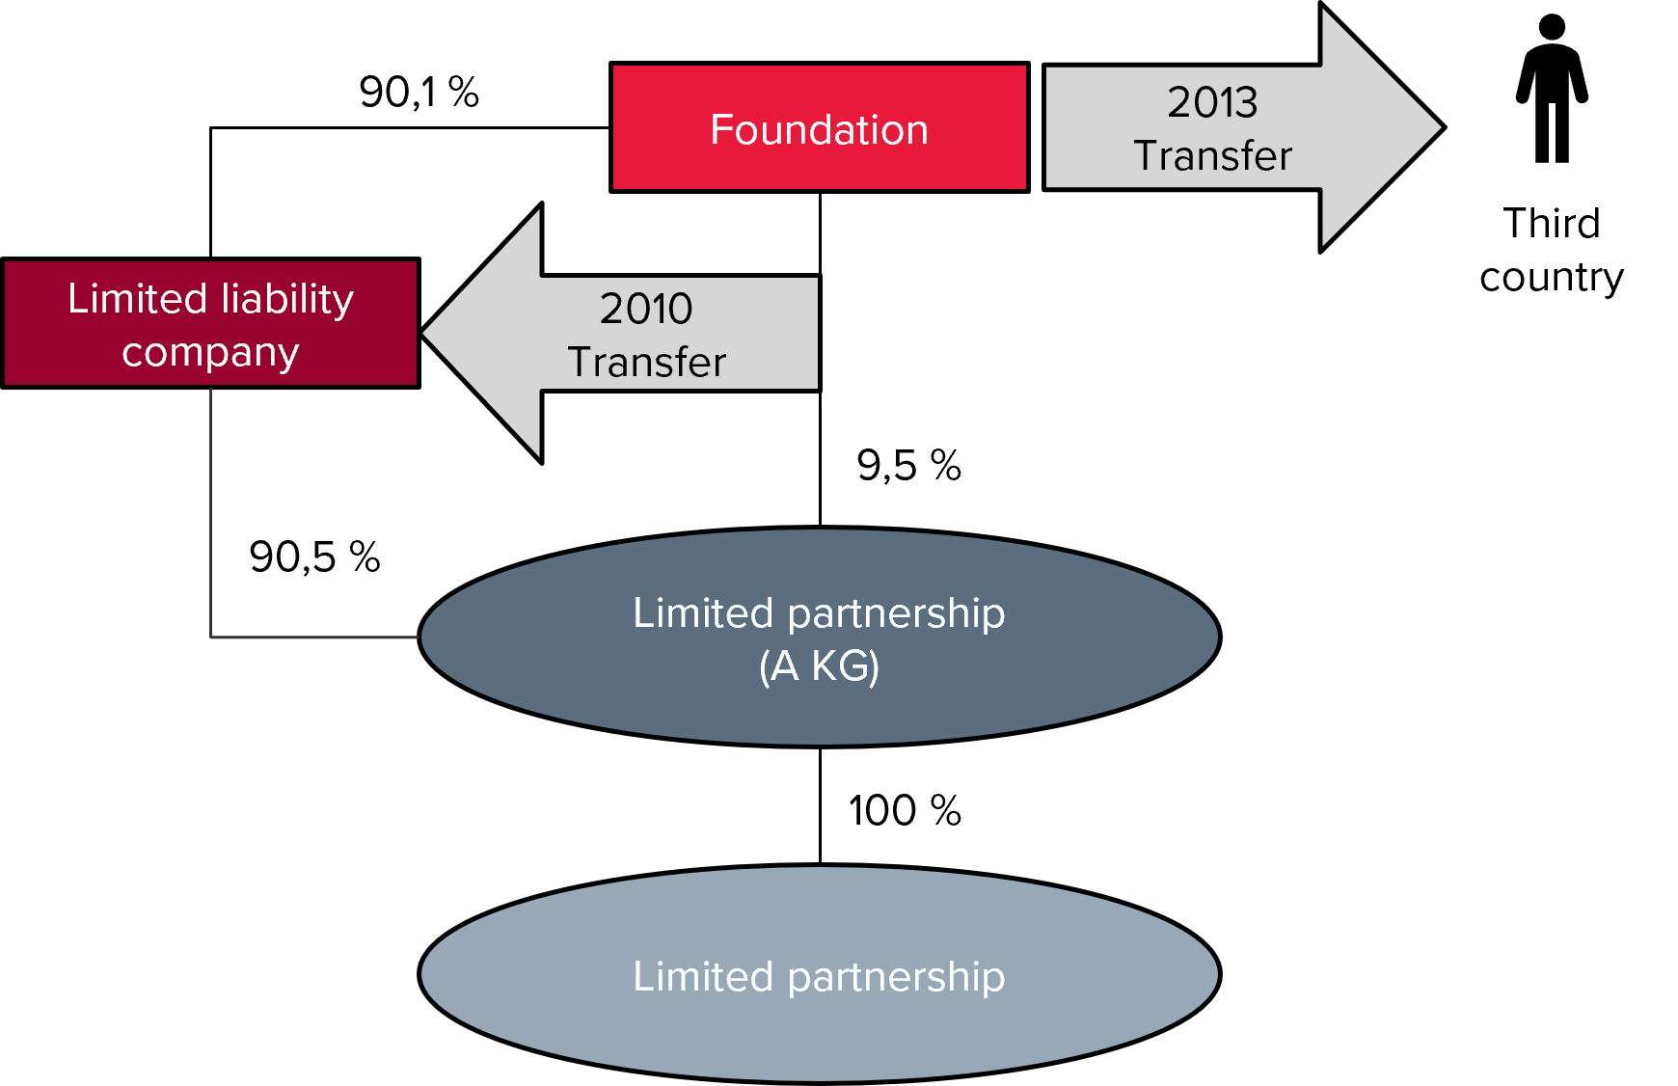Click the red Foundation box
(820, 127)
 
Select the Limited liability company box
(211, 323)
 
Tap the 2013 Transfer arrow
(1244, 127)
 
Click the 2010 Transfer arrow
(621, 334)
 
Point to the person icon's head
(1552, 28)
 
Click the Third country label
(1552, 250)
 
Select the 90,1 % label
(419, 93)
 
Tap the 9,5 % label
(909, 466)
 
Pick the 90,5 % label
(315, 557)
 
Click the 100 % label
(905, 810)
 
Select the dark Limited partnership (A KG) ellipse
(820, 637)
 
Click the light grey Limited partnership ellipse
(820, 974)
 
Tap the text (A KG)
(820, 666)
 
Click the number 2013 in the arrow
(1212, 102)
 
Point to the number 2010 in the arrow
(646, 309)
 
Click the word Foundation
(820, 129)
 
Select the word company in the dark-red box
(210, 354)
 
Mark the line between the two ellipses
(820, 805)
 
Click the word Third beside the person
(1552, 223)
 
